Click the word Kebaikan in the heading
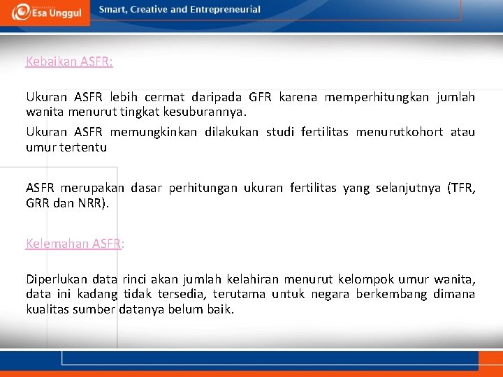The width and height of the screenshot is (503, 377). pyautogui.click(x=51, y=61)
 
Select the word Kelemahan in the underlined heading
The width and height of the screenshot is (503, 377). pyautogui.click(x=57, y=244)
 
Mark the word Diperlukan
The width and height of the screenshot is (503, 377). pyautogui.click(x=57, y=280)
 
